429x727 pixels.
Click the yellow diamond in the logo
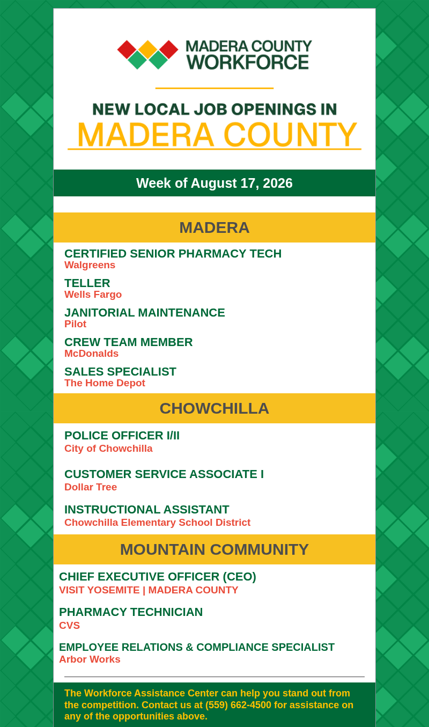pos(148,50)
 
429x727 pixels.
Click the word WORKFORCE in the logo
pos(248,62)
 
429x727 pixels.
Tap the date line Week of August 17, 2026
pos(214,183)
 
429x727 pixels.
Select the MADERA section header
pos(214,227)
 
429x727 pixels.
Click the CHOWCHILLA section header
pos(214,408)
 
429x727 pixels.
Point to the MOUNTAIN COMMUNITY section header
pos(214,549)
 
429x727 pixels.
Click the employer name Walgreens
pos(90,265)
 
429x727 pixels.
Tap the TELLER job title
pos(87,283)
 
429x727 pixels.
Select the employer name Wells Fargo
pos(93,295)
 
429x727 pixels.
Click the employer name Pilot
pos(75,324)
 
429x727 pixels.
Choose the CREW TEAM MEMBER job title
pos(128,342)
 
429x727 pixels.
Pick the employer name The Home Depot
pos(105,383)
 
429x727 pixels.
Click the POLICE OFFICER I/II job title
pos(122,436)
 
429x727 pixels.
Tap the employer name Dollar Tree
pos(91,487)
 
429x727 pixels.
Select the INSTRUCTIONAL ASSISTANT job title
pos(147,510)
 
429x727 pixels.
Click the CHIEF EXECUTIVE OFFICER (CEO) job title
pos(158,576)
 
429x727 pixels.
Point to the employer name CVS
pos(69,625)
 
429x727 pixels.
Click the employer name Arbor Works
pos(90,659)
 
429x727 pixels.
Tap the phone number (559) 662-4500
pos(238,705)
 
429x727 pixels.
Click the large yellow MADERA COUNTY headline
pos(217,135)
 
